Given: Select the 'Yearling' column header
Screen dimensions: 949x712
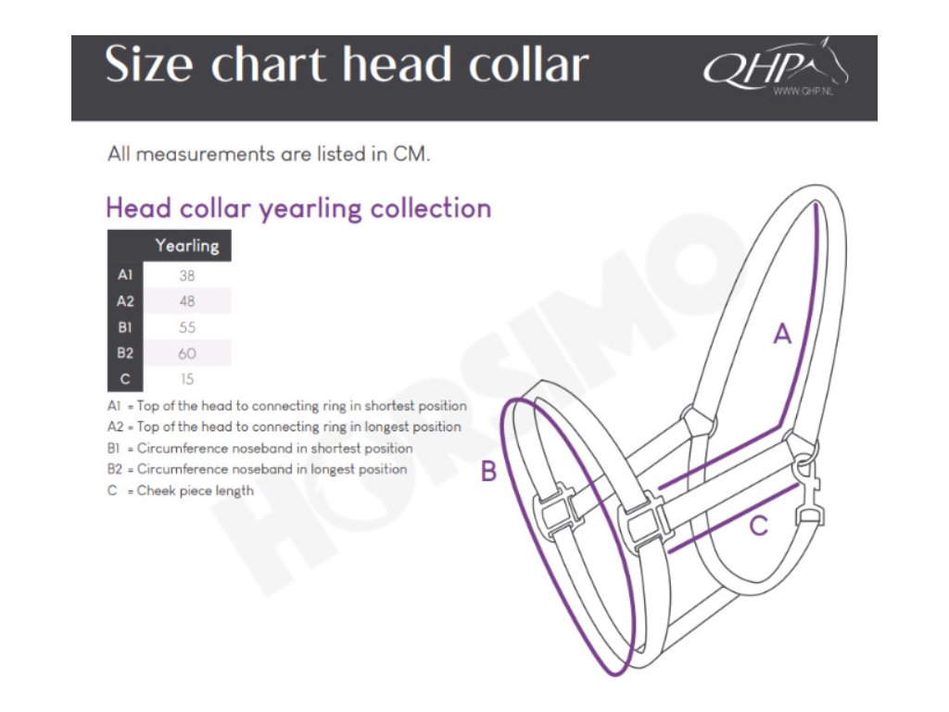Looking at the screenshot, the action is tap(186, 246).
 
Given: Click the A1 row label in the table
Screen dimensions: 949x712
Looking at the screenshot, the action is tap(125, 275).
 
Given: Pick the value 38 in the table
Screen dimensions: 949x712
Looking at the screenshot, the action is tap(186, 275).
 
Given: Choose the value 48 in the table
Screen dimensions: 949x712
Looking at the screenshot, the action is tap(186, 301).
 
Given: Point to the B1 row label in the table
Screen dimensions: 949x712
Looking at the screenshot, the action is tap(125, 327).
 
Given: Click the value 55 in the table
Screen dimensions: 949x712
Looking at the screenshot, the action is tap(186, 327).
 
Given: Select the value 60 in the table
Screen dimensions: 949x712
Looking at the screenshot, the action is tap(186, 353).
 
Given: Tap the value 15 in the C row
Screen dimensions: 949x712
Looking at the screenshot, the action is tap(186, 379).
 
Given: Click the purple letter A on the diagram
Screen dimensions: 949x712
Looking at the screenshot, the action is tap(783, 334).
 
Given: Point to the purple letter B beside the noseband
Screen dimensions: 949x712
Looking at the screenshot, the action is tap(488, 472).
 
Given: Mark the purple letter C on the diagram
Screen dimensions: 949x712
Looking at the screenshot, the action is tap(758, 527).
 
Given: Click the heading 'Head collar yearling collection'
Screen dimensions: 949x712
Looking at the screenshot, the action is tap(298, 208).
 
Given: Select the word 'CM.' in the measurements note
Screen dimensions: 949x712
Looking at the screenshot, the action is tap(412, 155).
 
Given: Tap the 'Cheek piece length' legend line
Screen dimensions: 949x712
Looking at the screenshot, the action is tap(195, 490).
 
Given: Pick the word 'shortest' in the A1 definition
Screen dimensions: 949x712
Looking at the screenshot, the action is tap(394, 406).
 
